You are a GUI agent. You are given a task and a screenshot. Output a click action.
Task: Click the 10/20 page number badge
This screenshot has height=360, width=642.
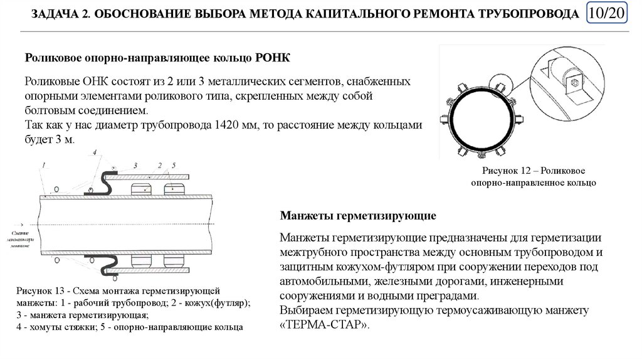[x=608, y=13]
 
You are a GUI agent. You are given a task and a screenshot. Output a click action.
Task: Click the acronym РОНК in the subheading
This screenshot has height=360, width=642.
[x=273, y=58]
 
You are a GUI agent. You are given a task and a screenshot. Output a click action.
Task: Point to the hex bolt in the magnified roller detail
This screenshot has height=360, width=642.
[x=572, y=82]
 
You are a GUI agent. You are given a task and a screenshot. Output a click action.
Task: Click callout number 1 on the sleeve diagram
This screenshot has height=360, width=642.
[x=44, y=165]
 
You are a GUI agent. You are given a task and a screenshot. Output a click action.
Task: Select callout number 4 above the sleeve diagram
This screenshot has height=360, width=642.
[x=94, y=152]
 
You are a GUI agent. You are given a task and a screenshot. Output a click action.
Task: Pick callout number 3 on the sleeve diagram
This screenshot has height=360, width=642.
[x=135, y=165]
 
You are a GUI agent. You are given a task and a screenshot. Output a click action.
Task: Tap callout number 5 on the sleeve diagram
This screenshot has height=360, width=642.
[x=174, y=165]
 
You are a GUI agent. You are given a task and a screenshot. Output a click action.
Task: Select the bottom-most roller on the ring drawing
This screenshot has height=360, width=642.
[x=483, y=156]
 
